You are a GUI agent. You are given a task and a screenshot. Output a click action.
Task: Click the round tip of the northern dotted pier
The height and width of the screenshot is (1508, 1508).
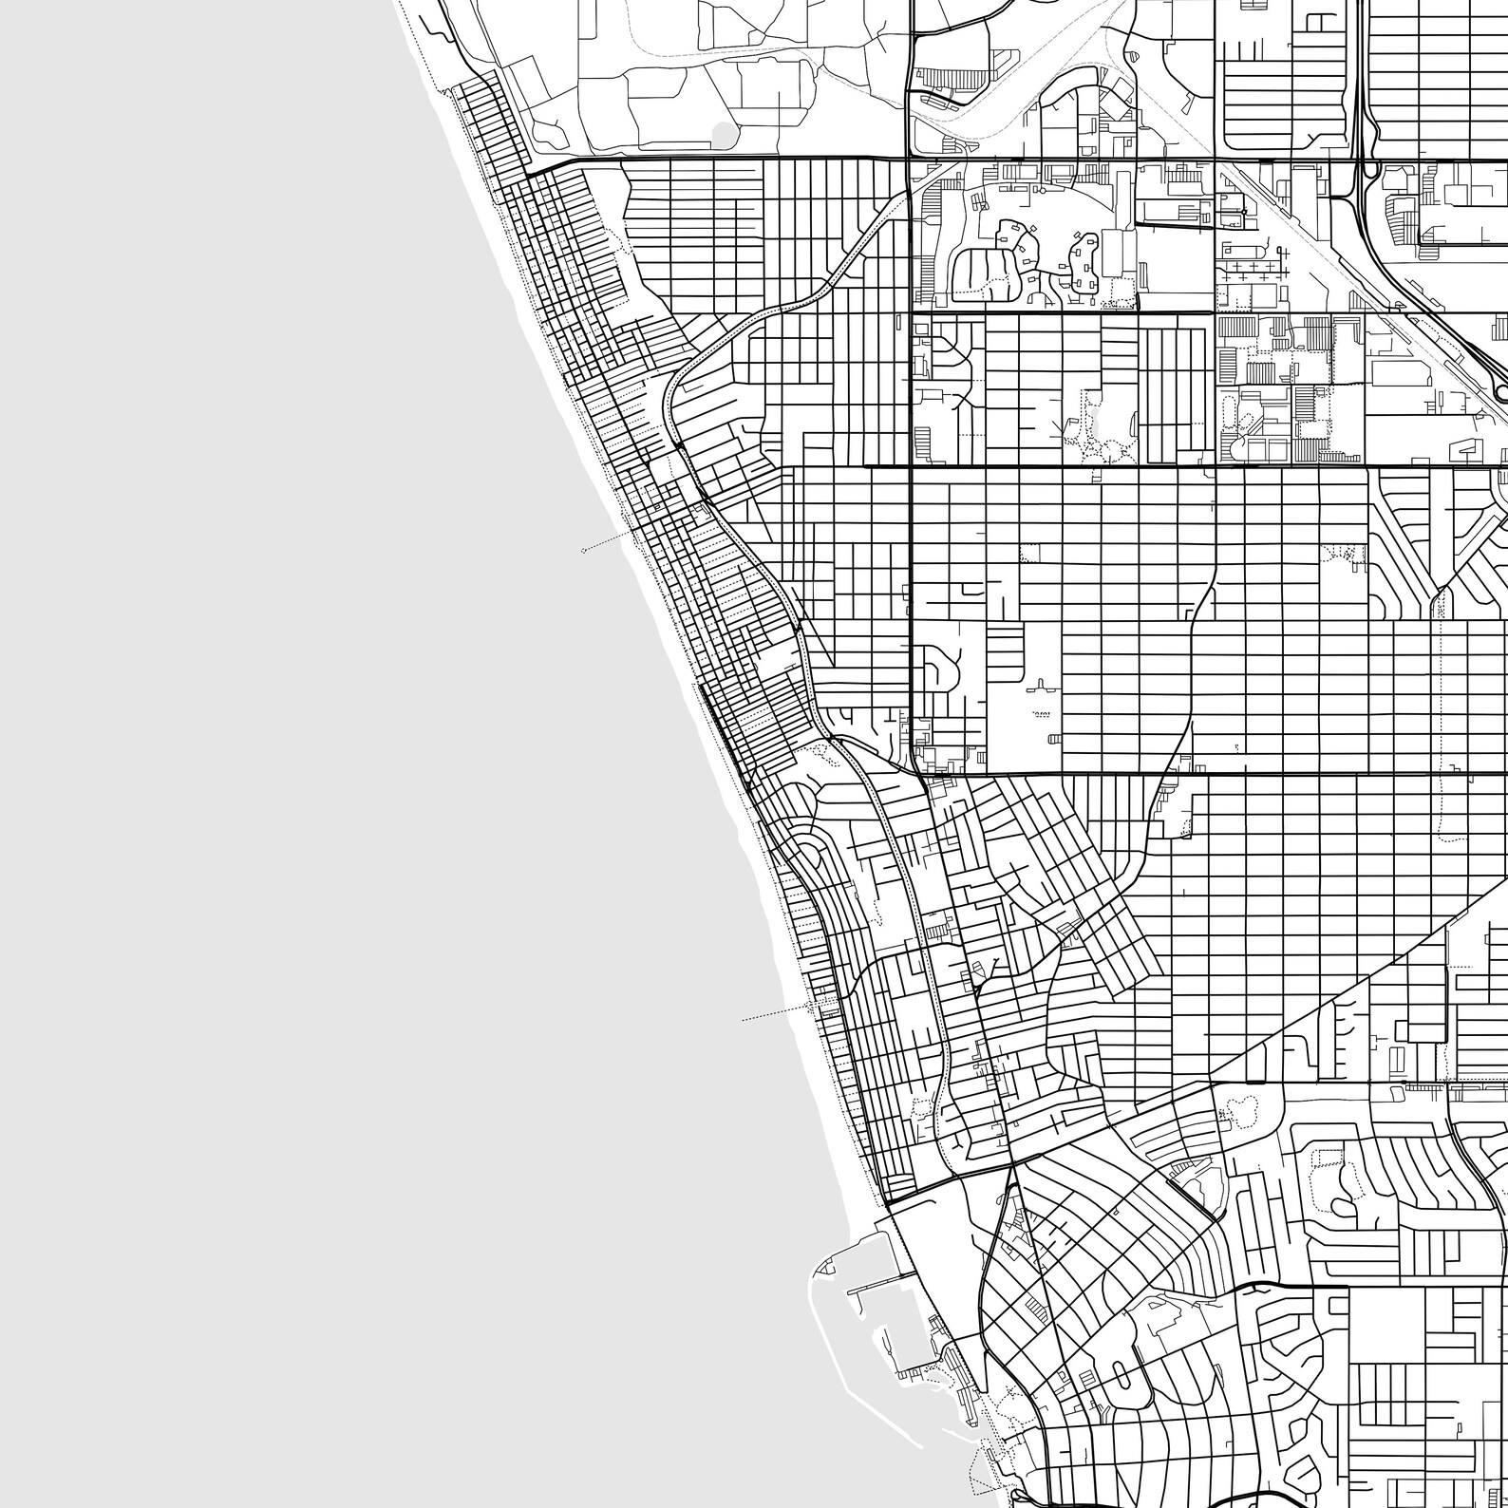[583, 550]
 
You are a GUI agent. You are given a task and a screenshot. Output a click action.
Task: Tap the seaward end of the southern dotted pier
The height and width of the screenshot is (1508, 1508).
[744, 1020]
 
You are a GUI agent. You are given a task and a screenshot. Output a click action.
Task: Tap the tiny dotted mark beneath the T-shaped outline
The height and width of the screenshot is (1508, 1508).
[1041, 711]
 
